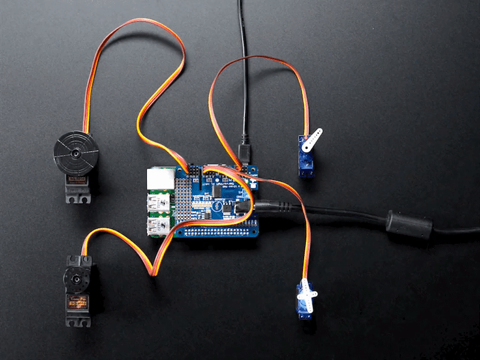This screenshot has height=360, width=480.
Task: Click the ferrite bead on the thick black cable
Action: [x=409, y=224]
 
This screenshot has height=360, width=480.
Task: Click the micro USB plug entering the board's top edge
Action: [x=245, y=150]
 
